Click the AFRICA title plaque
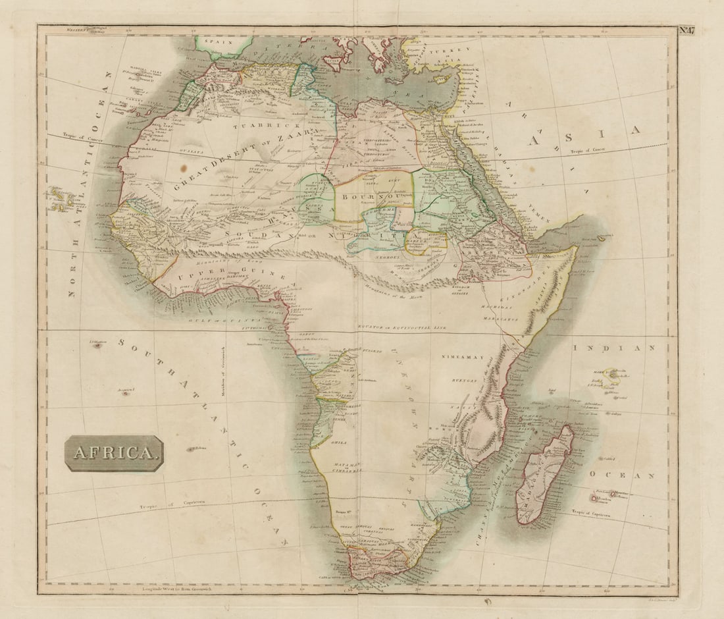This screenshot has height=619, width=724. [114, 453]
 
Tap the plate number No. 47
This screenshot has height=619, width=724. [687, 30]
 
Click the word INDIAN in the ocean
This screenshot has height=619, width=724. [613, 348]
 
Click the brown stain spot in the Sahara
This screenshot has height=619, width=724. [182, 168]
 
